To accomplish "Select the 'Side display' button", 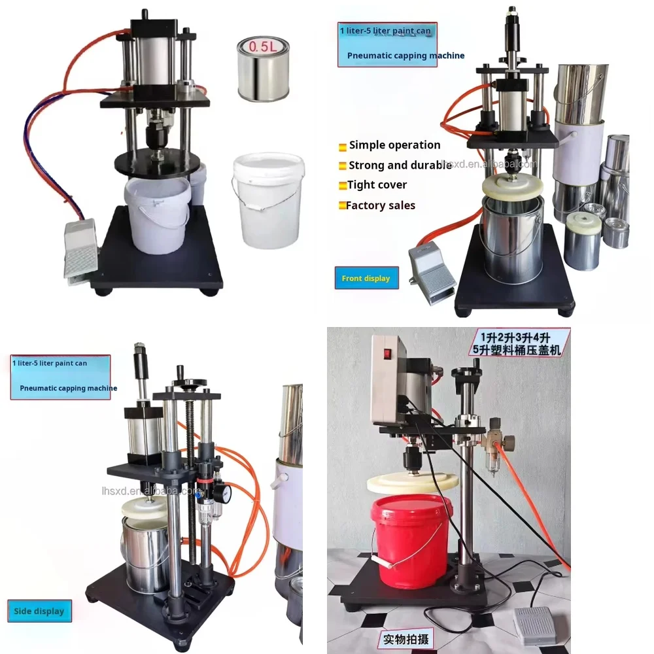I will click(39, 611).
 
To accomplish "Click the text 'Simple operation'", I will click(394, 145).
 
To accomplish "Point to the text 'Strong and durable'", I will click(399, 165).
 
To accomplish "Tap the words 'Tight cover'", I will click(377, 185).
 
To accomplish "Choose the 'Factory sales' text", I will click(380, 205).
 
